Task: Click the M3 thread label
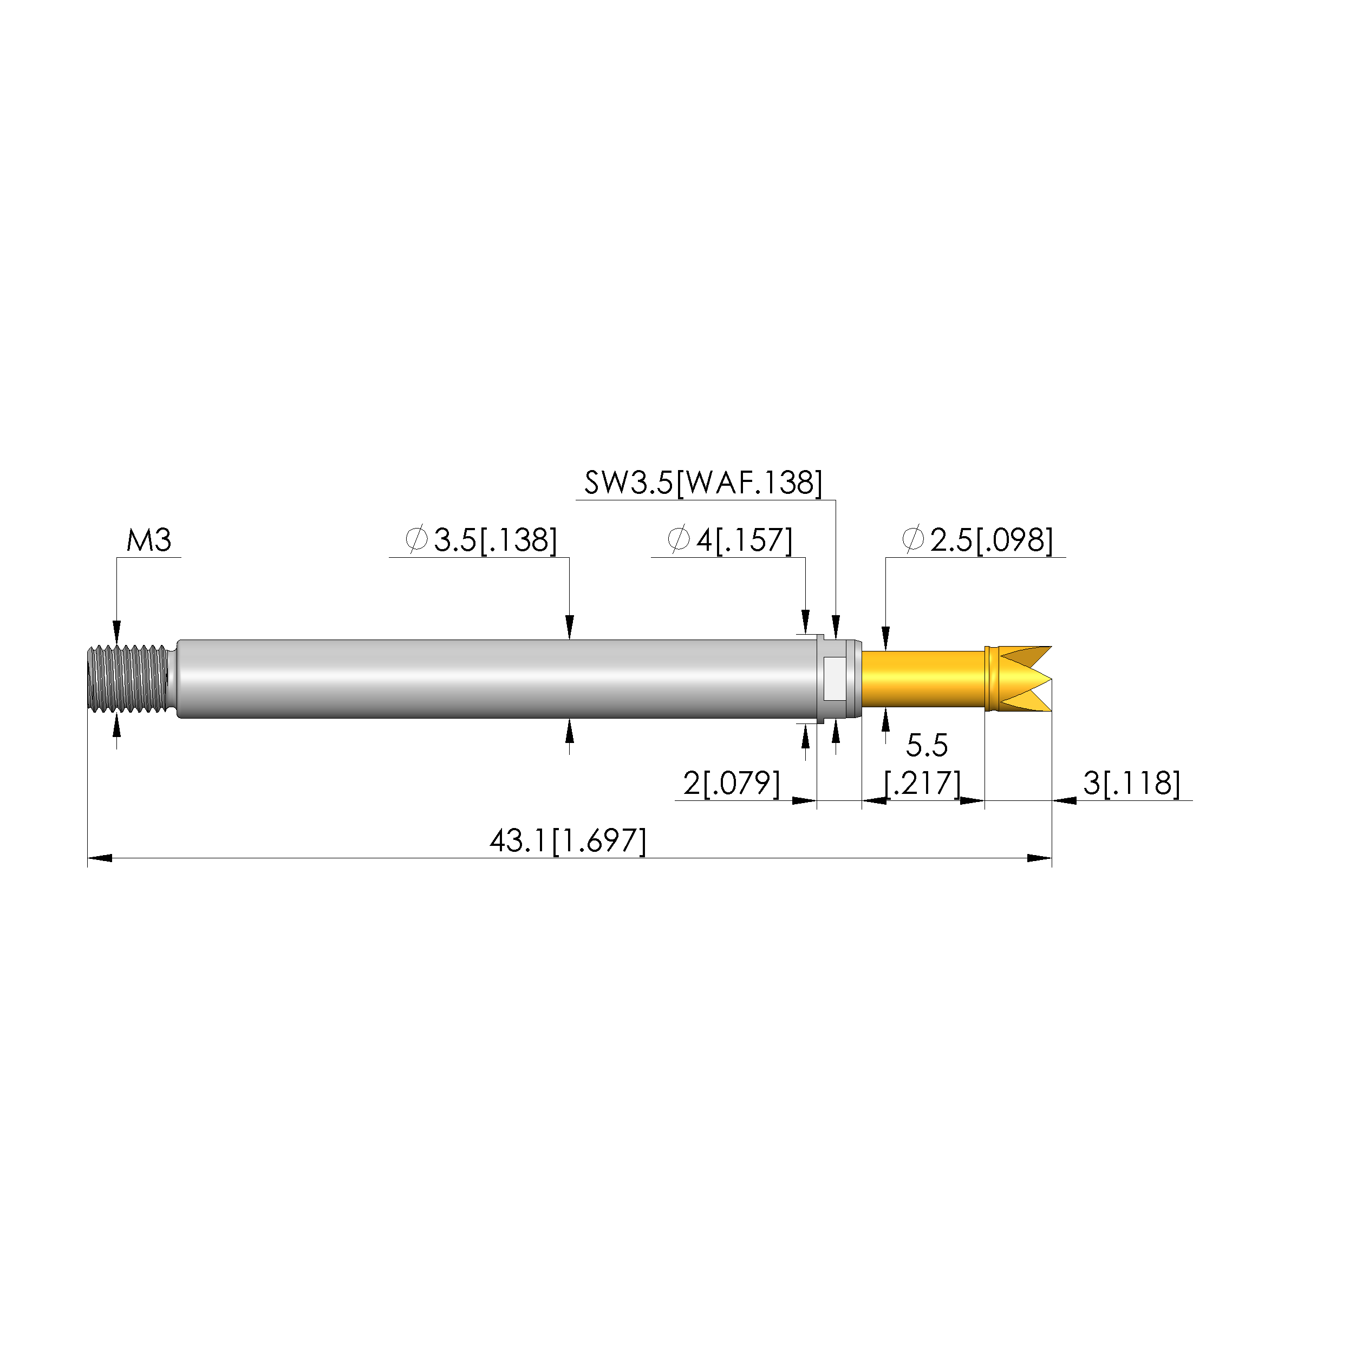pyautogui.click(x=149, y=540)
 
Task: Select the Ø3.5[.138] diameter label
pyautogui.click(x=481, y=540)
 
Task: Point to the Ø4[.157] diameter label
pyautogui.click(x=730, y=540)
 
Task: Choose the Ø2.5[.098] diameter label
pyautogui.click(x=977, y=540)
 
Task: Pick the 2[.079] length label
pyautogui.click(x=732, y=783)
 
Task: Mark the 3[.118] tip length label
pyautogui.click(x=1131, y=783)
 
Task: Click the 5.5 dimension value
pyautogui.click(x=927, y=745)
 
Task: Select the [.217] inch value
pyautogui.click(x=922, y=783)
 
